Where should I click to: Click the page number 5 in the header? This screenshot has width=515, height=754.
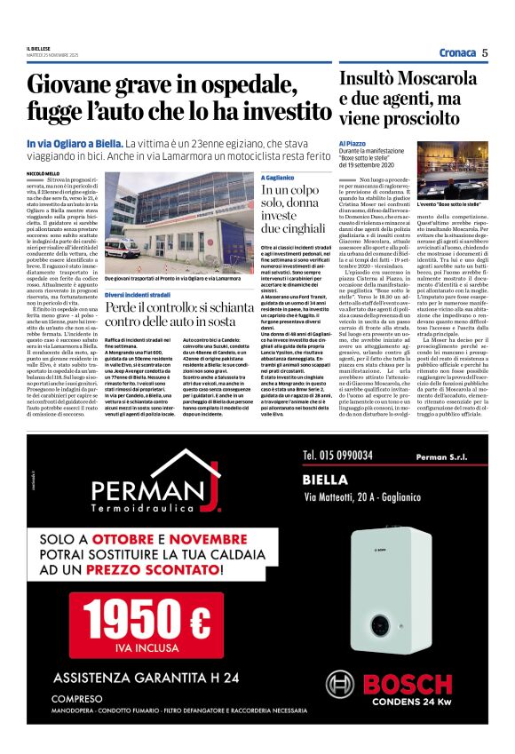[486, 52]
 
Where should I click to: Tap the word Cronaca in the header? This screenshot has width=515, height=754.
[456, 52]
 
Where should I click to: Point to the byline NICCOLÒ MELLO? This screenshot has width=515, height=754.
[44, 172]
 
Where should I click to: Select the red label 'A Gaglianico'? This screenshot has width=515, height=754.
[277, 177]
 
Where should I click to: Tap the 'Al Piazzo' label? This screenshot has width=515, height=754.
[353, 142]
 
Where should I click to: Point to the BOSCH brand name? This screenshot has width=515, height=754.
[426, 683]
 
